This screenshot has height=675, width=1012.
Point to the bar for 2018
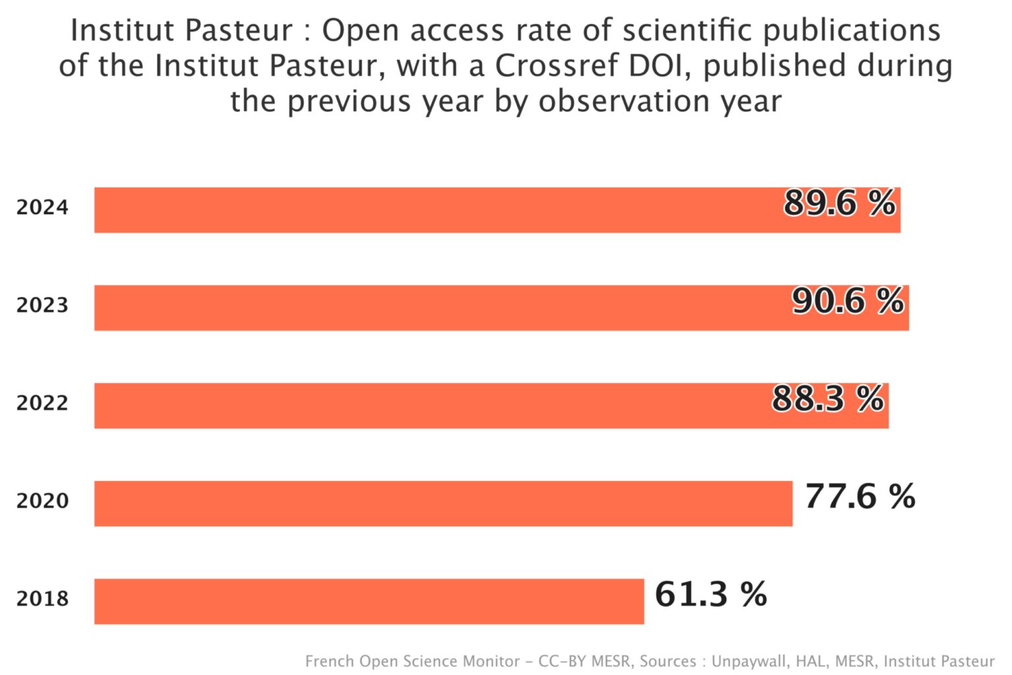tap(369, 601)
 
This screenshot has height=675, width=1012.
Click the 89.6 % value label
tap(839, 202)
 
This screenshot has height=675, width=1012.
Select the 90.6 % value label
tap(848, 301)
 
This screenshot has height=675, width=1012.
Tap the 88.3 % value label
tap(828, 398)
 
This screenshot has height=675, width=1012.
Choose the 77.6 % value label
tap(860, 496)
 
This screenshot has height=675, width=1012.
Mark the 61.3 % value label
tap(711, 594)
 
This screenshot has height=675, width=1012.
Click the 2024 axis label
tap(42, 208)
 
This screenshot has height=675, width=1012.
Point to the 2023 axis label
tap(42, 305)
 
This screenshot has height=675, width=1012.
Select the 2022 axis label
tap(42, 403)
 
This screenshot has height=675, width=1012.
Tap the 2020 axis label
tap(42, 501)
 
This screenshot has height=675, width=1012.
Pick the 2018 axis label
tap(42, 599)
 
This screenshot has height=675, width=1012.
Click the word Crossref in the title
tap(557, 66)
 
